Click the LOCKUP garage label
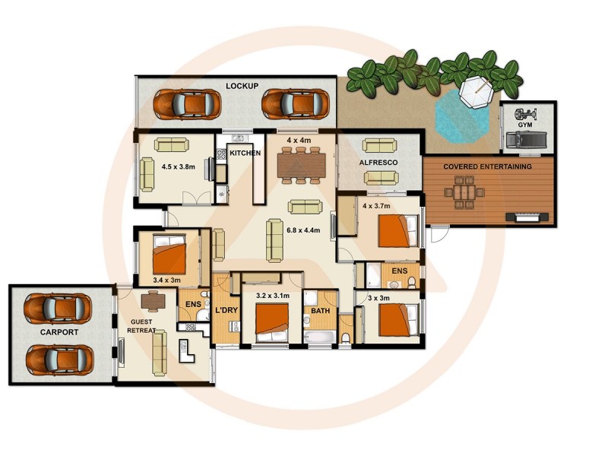(x=242, y=86)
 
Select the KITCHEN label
(x=245, y=153)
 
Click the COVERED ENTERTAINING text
(x=488, y=166)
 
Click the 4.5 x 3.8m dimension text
(x=179, y=166)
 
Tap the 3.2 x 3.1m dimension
(x=273, y=296)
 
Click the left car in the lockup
(x=177, y=104)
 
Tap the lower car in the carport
(x=59, y=357)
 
